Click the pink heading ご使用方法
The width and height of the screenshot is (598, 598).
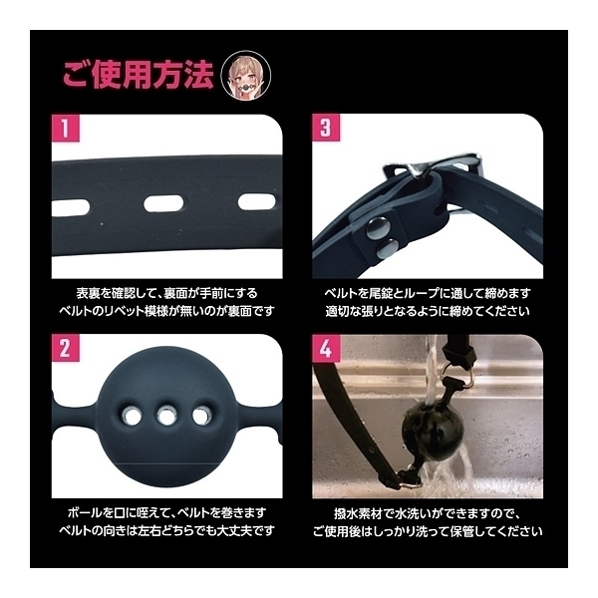point(138,74)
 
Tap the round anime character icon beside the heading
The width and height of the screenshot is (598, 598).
point(246,75)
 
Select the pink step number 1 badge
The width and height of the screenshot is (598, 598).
point(66,128)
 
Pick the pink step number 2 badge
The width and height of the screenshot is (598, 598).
point(66,348)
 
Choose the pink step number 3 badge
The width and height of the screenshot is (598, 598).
point(326,128)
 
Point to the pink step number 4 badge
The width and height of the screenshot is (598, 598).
point(326,348)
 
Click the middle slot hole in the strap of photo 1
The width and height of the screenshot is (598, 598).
point(163,203)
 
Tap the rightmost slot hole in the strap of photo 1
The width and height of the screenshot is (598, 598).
point(257,202)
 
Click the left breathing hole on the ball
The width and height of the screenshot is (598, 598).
point(132,415)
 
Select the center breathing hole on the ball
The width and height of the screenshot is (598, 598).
point(166,415)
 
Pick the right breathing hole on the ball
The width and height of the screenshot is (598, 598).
point(201,416)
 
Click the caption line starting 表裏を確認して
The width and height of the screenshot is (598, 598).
point(166,293)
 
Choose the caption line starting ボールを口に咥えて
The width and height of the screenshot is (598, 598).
point(166,513)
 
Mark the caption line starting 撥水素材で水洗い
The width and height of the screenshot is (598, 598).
point(428,513)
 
